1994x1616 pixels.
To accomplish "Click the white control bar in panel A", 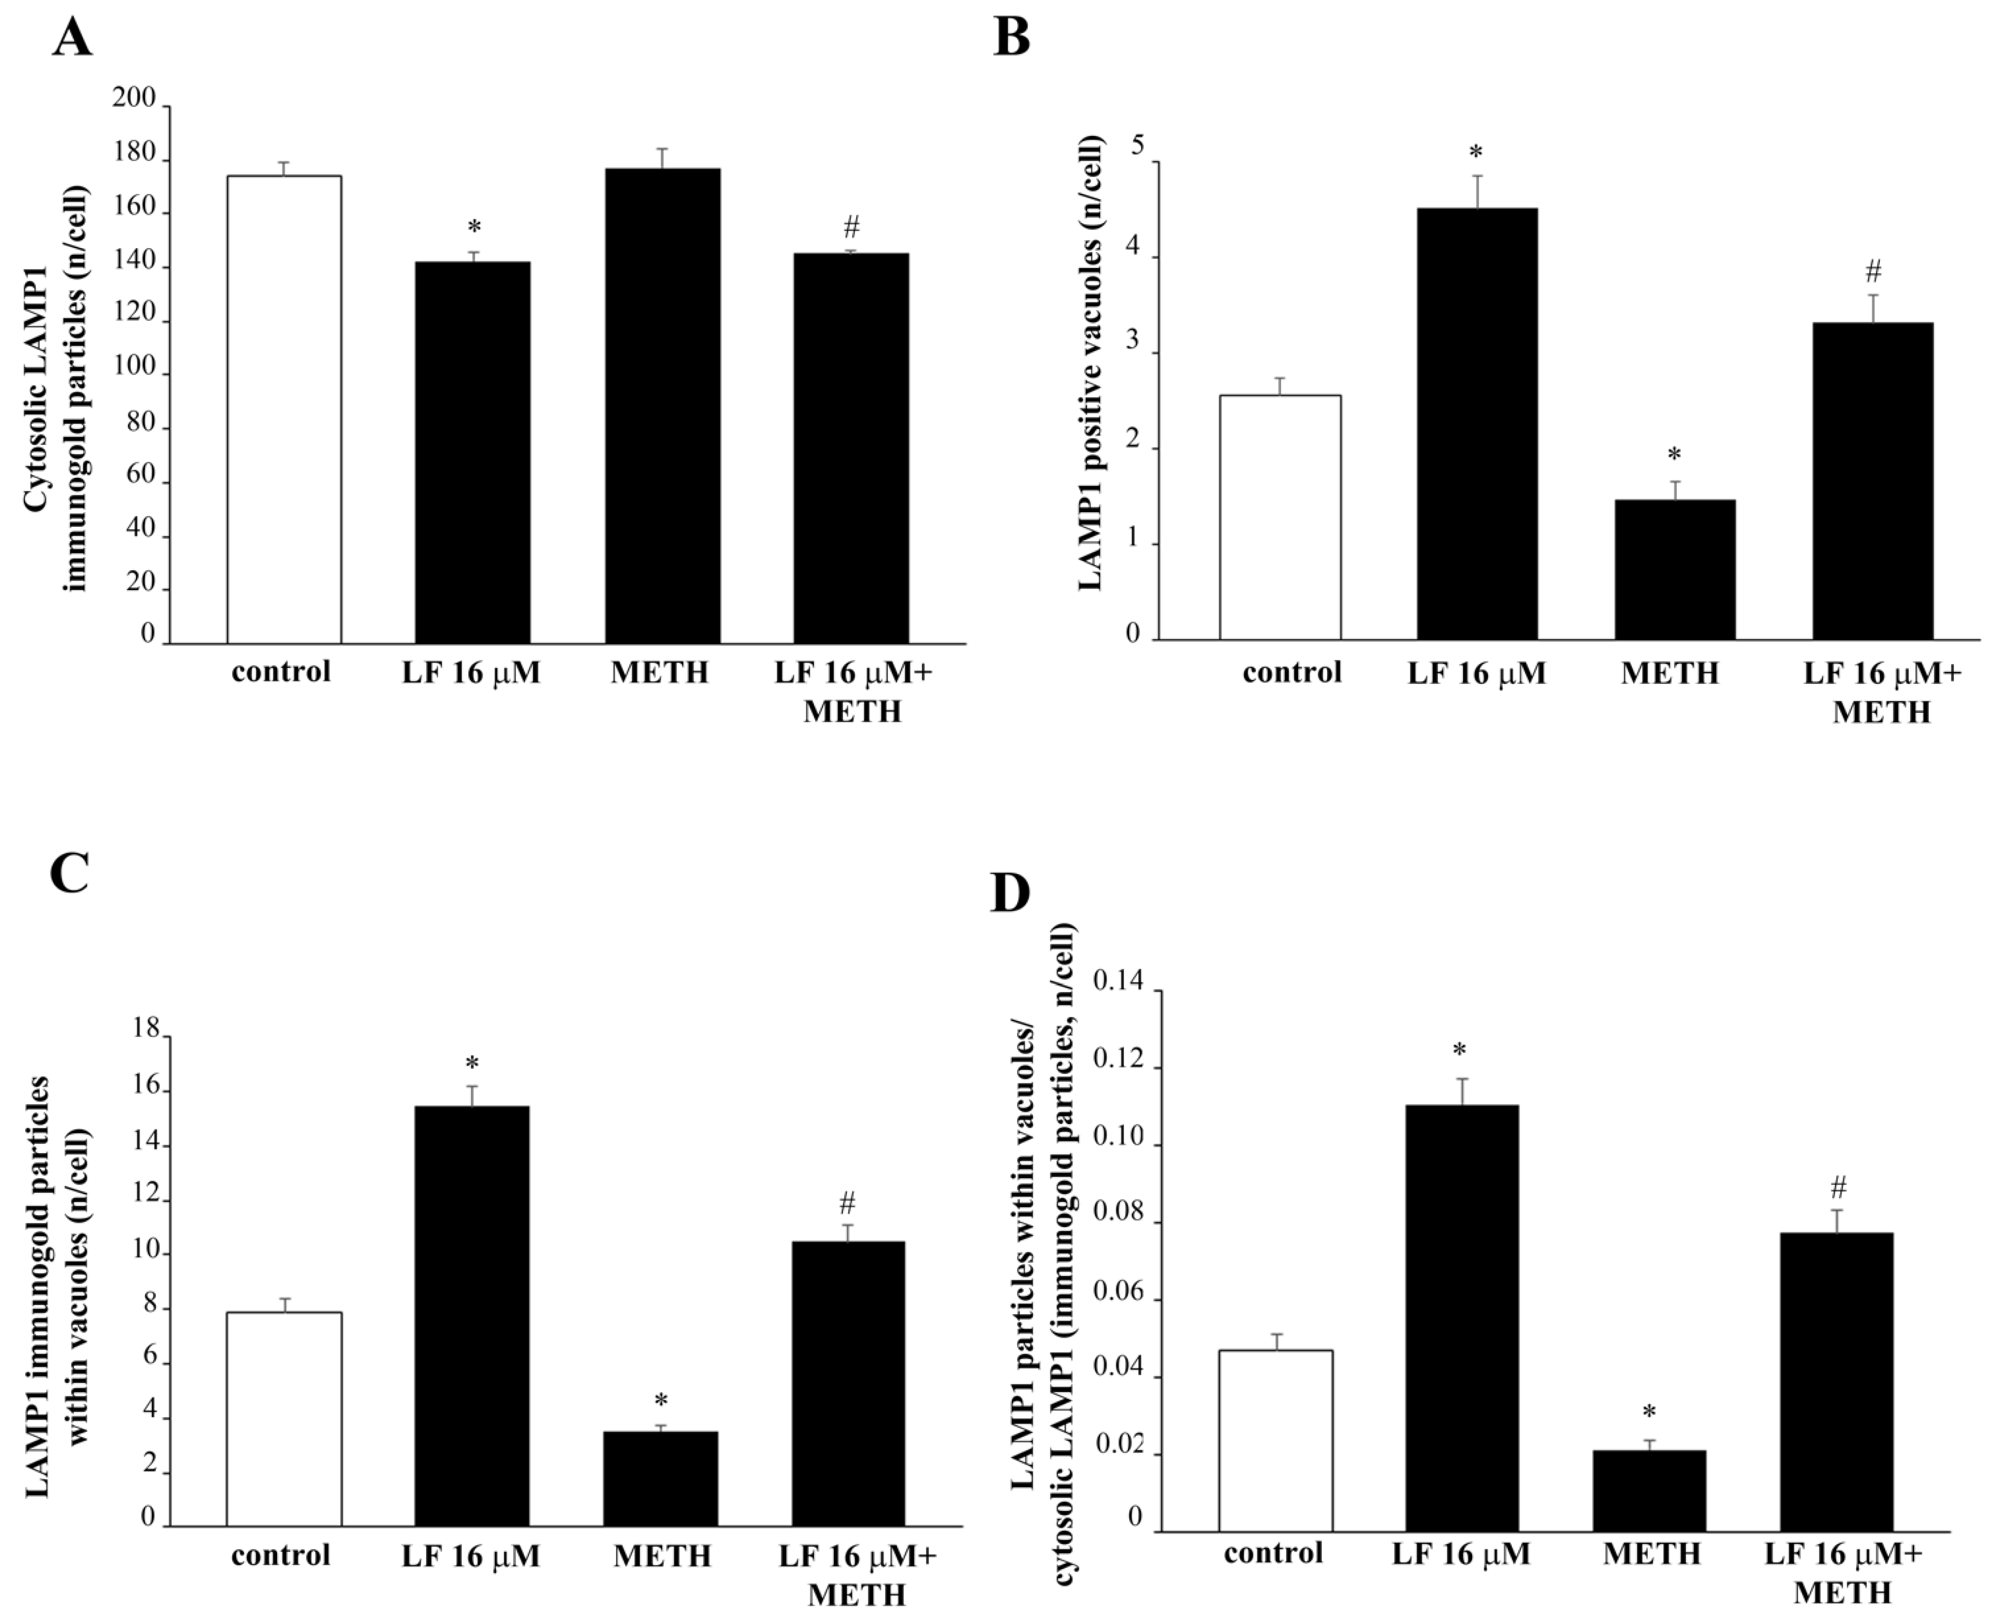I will pos(284,410).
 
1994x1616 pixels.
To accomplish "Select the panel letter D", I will pos(1010,894).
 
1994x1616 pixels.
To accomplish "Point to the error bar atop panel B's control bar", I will pos(1280,385).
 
